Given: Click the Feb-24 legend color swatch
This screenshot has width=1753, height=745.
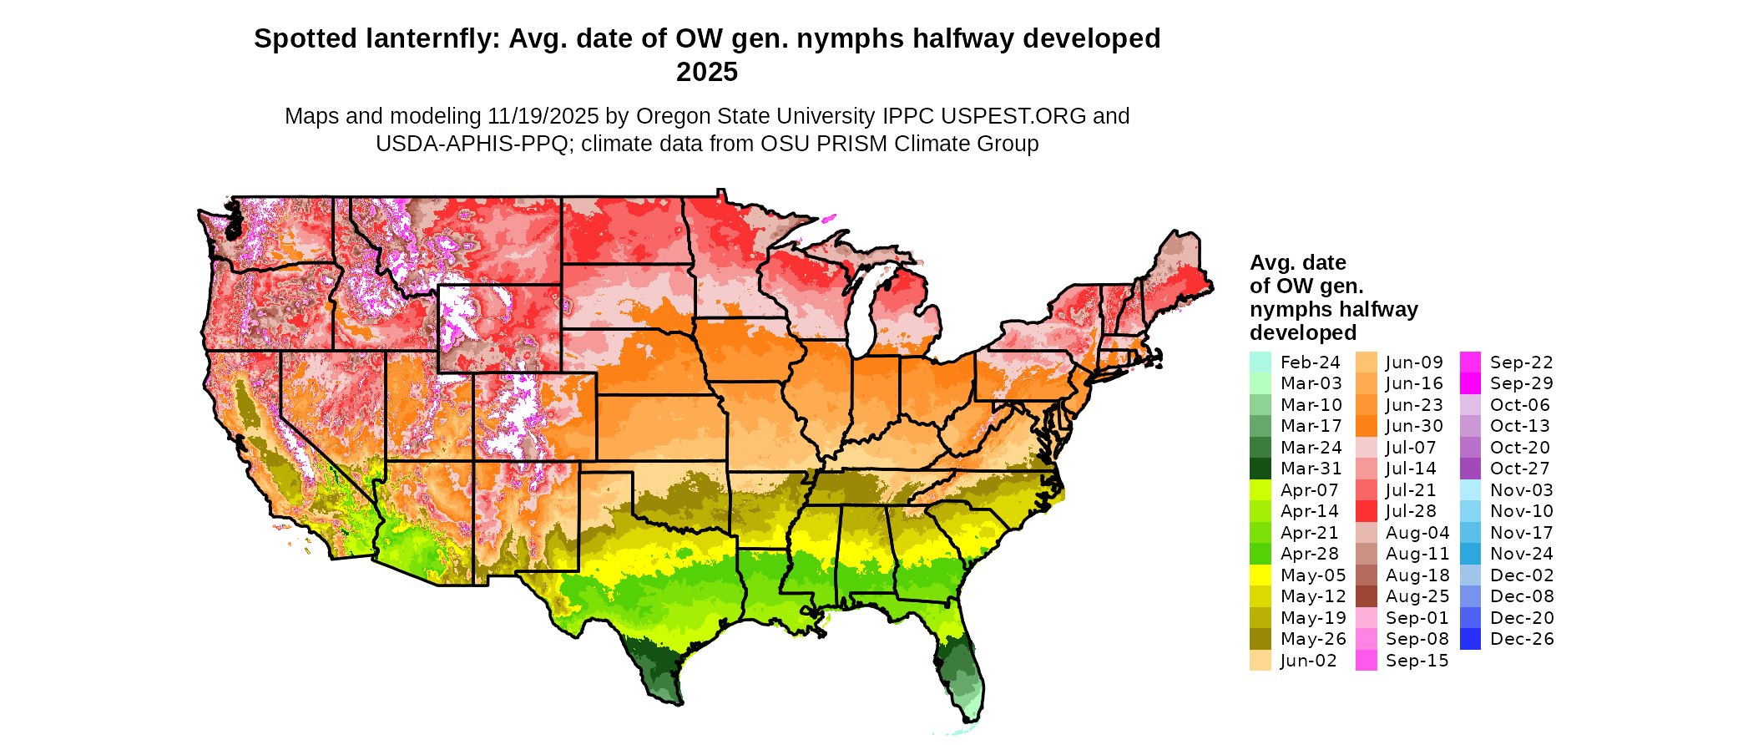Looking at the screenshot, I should pos(1260,362).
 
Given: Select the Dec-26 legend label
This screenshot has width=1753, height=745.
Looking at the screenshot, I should pos(1521,639).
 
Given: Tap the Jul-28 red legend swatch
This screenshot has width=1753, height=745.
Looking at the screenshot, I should pos(1366,511).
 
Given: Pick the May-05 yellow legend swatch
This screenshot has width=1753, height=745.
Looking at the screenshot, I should pos(1260,575).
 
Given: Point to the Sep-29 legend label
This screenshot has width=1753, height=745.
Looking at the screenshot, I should pos(1521,383).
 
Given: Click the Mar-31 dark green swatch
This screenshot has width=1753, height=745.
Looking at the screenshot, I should pos(1260,469).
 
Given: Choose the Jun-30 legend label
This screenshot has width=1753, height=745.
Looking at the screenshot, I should pos(1414,426).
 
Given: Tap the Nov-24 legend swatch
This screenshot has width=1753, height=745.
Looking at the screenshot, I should pos(1470,554).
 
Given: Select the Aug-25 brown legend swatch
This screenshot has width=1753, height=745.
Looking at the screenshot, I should pos(1366,596).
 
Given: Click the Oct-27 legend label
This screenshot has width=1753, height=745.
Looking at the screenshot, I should pos(1519,469).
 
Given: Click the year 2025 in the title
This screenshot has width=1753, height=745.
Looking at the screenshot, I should pos(706,72).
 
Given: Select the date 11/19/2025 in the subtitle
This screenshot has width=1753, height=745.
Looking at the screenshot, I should pos(543,116).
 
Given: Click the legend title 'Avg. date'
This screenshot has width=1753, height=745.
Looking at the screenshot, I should pos(1297,263).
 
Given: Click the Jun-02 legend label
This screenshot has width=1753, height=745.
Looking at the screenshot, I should pos(1308,661).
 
